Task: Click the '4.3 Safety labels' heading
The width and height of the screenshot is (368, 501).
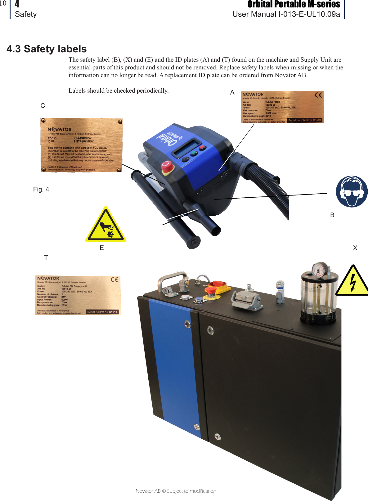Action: pyautogui.click(x=47, y=49)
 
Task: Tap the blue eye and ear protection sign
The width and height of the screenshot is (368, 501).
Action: pyautogui.click(x=352, y=191)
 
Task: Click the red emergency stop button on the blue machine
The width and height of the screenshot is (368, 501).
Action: pyautogui.click(x=167, y=167)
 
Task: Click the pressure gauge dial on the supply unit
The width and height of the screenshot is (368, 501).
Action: pyautogui.click(x=319, y=270)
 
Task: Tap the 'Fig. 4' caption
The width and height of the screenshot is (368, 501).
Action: pyautogui.click(x=41, y=189)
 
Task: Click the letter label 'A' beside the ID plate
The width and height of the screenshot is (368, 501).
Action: pyautogui.click(x=232, y=92)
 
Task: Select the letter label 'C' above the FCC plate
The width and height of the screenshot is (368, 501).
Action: pyautogui.click(x=43, y=106)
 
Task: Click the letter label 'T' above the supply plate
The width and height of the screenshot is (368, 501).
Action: pyautogui.click(x=46, y=258)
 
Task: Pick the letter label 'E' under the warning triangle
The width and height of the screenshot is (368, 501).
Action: pyautogui.click(x=102, y=248)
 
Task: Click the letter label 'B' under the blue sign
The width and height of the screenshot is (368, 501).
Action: pyautogui.click(x=332, y=215)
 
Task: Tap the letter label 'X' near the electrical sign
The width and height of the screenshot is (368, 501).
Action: pyautogui.click(x=355, y=248)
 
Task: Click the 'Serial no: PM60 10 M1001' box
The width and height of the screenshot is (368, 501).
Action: pyautogui.click(x=304, y=120)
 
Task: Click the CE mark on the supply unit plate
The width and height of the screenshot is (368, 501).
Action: pyautogui.click(x=114, y=280)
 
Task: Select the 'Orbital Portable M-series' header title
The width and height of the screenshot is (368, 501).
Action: pyautogui.click(x=294, y=5)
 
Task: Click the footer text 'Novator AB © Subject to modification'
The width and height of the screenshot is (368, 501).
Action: pyautogui.click(x=176, y=491)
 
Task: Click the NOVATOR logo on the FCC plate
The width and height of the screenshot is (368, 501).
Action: pyautogui.click(x=60, y=130)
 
